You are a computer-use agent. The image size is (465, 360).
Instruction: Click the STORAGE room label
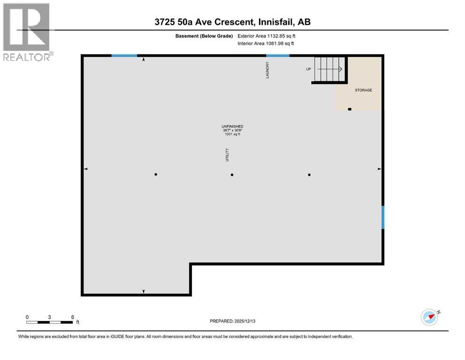pyautogui.click(x=363, y=90)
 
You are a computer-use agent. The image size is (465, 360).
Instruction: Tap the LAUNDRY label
pyautogui.click(x=267, y=70)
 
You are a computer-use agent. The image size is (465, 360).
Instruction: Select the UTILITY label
pyautogui.click(x=227, y=155)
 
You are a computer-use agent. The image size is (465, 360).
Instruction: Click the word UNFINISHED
pyautogui.click(x=232, y=127)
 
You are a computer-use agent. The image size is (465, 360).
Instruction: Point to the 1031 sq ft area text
pyautogui.click(x=232, y=134)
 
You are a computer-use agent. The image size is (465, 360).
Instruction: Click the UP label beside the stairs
pyautogui.click(x=309, y=69)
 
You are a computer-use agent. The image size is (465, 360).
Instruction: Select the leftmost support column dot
pyautogui.click(x=156, y=174)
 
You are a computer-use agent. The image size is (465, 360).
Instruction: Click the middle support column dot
pyautogui.click(x=232, y=175)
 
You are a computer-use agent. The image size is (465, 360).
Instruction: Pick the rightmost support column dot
pyautogui.click(x=309, y=175)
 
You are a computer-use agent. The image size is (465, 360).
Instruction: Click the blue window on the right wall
pyautogui.click(x=383, y=217)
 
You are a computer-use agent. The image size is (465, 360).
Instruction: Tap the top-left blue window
pyautogui.click(x=124, y=55)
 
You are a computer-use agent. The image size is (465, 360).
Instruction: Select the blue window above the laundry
pyautogui.click(x=278, y=55)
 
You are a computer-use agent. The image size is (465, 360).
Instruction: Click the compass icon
pyautogui.click(x=429, y=317)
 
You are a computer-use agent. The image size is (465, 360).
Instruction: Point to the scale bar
pyautogui.click(x=50, y=322)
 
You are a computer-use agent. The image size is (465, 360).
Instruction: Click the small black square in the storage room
pyautogui.click(x=350, y=109)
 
